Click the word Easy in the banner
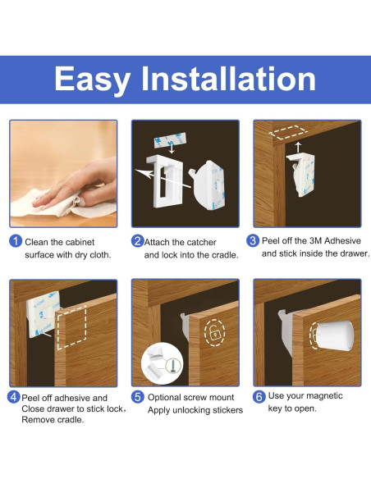[93, 80]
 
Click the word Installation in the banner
[228, 79]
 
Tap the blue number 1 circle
[16, 241]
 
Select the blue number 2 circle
[138, 241]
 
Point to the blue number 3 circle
[253, 240]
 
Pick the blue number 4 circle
[14, 397]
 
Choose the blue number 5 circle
[138, 397]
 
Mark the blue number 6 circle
[259, 396]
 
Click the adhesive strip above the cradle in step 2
[170, 139]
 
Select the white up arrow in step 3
[298, 148]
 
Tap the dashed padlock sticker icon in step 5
[214, 333]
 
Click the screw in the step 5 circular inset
[172, 365]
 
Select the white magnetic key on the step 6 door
[334, 335]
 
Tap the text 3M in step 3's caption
[316, 240]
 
